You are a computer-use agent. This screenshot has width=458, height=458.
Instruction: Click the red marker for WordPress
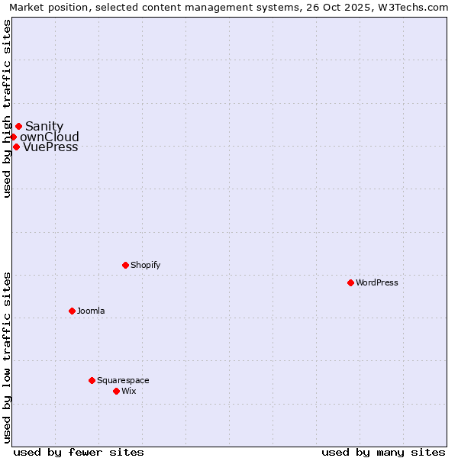(x=350, y=282)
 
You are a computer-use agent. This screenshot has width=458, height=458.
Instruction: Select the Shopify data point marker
(x=125, y=265)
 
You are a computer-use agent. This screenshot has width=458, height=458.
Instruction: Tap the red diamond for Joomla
(x=72, y=311)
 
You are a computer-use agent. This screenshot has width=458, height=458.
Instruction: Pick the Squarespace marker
(x=92, y=380)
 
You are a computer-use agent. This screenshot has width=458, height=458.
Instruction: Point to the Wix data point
(x=116, y=391)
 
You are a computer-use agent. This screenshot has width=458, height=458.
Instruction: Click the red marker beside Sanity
(x=18, y=126)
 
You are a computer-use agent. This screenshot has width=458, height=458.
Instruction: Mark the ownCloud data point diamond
(x=13, y=137)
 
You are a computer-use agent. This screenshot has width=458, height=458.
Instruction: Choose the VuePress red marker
(x=16, y=147)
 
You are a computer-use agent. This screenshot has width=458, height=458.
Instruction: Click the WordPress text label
(x=377, y=282)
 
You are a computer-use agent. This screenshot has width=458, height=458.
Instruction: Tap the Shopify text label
(x=145, y=265)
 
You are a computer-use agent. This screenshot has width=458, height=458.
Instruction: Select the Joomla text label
(x=91, y=311)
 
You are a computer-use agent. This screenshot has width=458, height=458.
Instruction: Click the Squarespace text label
(x=123, y=380)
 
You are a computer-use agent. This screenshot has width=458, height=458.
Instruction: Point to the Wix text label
(x=128, y=391)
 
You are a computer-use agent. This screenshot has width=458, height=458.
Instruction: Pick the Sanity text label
(x=44, y=127)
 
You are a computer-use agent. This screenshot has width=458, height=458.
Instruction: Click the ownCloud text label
(x=50, y=137)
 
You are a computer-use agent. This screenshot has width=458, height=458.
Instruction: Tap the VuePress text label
(x=50, y=147)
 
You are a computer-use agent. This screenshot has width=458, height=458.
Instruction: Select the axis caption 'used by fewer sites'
(x=79, y=452)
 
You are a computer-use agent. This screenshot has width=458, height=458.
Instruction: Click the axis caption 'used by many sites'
(x=383, y=452)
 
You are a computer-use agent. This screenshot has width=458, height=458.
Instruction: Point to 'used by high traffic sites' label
(x=8, y=108)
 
